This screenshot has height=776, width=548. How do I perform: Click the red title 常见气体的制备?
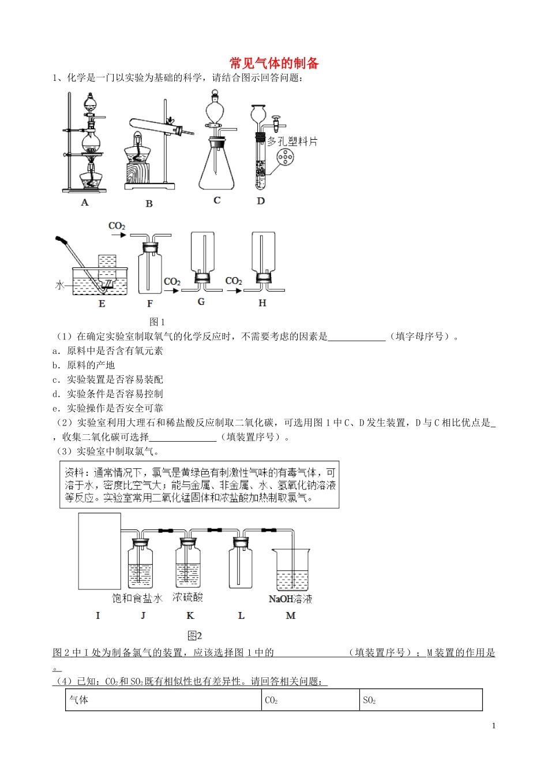tap(274, 63)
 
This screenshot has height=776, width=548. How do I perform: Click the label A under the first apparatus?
tap(85, 202)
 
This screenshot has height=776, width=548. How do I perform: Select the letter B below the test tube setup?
tap(149, 203)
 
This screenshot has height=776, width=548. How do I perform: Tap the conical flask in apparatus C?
tap(217, 167)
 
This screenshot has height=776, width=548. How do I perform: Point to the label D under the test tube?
tap(261, 201)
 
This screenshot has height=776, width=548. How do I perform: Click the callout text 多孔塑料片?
tap(292, 141)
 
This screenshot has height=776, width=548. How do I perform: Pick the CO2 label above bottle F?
tap(117, 226)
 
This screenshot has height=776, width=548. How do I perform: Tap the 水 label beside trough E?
tap(59, 285)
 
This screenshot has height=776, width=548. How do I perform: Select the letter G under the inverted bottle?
tap(201, 302)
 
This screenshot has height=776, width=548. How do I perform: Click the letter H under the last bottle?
tap(262, 303)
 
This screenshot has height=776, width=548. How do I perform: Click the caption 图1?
tap(157, 322)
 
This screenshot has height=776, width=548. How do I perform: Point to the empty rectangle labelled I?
tap(99, 551)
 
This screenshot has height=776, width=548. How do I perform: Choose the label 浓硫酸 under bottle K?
tap(188, 598)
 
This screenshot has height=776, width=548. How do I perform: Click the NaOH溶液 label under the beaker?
tap(290, 599)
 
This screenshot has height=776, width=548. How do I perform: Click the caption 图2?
tap(195, 636)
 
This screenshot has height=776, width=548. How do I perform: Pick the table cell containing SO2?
tap(421, 700)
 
